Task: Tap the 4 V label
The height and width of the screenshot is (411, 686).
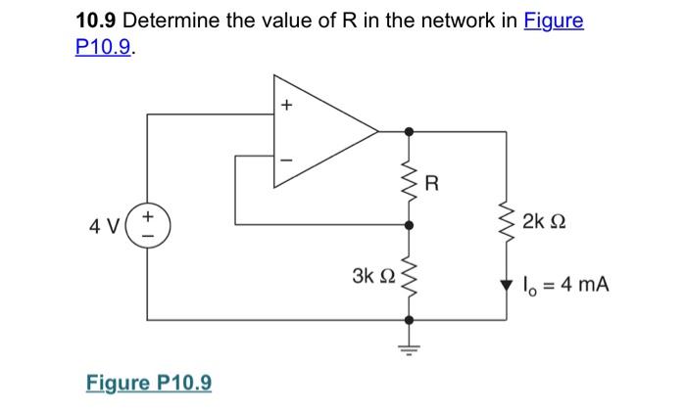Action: (x=105, y=225)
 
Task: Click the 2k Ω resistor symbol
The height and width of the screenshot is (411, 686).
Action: (x=506, y=223)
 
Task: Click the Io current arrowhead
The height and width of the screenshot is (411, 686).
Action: (x=506, y=285)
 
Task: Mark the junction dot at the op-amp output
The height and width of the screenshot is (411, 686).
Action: (x=409, y=130)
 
